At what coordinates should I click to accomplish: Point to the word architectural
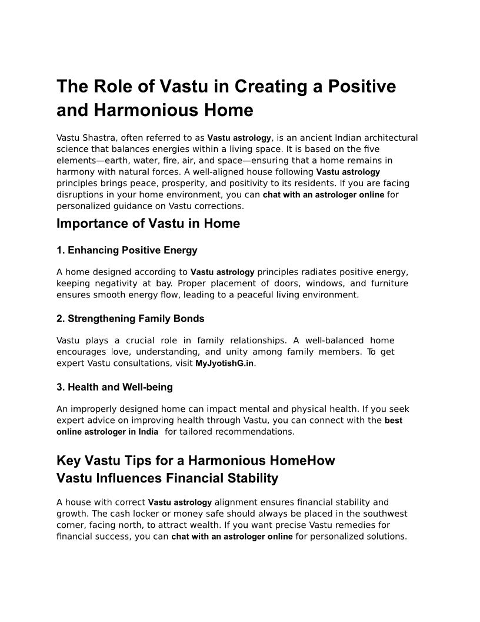tap(389, 138)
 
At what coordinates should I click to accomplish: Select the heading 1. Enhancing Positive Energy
tap(127, 250)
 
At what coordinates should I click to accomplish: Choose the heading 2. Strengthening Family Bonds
tap(131, 319)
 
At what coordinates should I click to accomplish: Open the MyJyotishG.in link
tap(224, 363)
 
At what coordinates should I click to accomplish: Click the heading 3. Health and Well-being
tap(115, 387)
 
